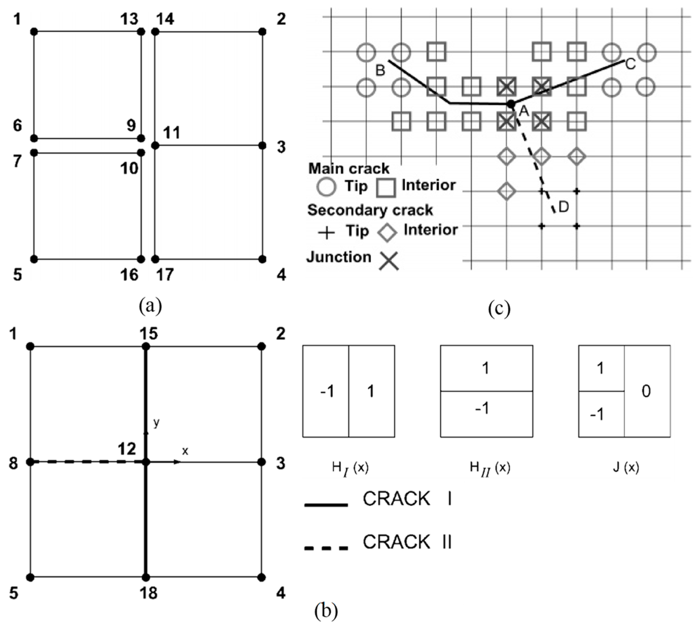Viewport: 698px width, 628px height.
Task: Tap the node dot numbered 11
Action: [156, 146]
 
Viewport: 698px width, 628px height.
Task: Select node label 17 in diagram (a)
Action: [165, 275]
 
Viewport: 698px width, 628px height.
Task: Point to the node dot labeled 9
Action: [141, 138]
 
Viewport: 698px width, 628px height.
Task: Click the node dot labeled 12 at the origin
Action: [146, 462]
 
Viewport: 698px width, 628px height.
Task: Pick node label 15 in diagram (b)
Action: [149, 334]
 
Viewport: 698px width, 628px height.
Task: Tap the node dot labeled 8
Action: [31, 462]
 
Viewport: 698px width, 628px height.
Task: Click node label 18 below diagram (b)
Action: [149, 593]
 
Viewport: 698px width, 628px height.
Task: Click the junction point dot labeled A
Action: [511, 103]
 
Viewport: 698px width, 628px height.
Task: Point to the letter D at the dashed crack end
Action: [563, 207]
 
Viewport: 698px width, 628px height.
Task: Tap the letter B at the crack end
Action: [380, 70]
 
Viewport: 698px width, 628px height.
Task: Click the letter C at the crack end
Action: [630, 64]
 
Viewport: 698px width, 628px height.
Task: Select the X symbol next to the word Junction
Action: [389, 260]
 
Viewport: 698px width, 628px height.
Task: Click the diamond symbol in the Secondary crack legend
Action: [387, 232]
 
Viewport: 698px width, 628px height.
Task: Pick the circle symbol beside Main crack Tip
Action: [326, 187]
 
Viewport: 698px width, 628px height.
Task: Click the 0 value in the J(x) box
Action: [646, 391]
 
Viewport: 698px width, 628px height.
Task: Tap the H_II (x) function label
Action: [490, 468]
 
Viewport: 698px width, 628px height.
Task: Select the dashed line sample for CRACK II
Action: [326, 548]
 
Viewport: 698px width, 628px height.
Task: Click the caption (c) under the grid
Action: [499, 308]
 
